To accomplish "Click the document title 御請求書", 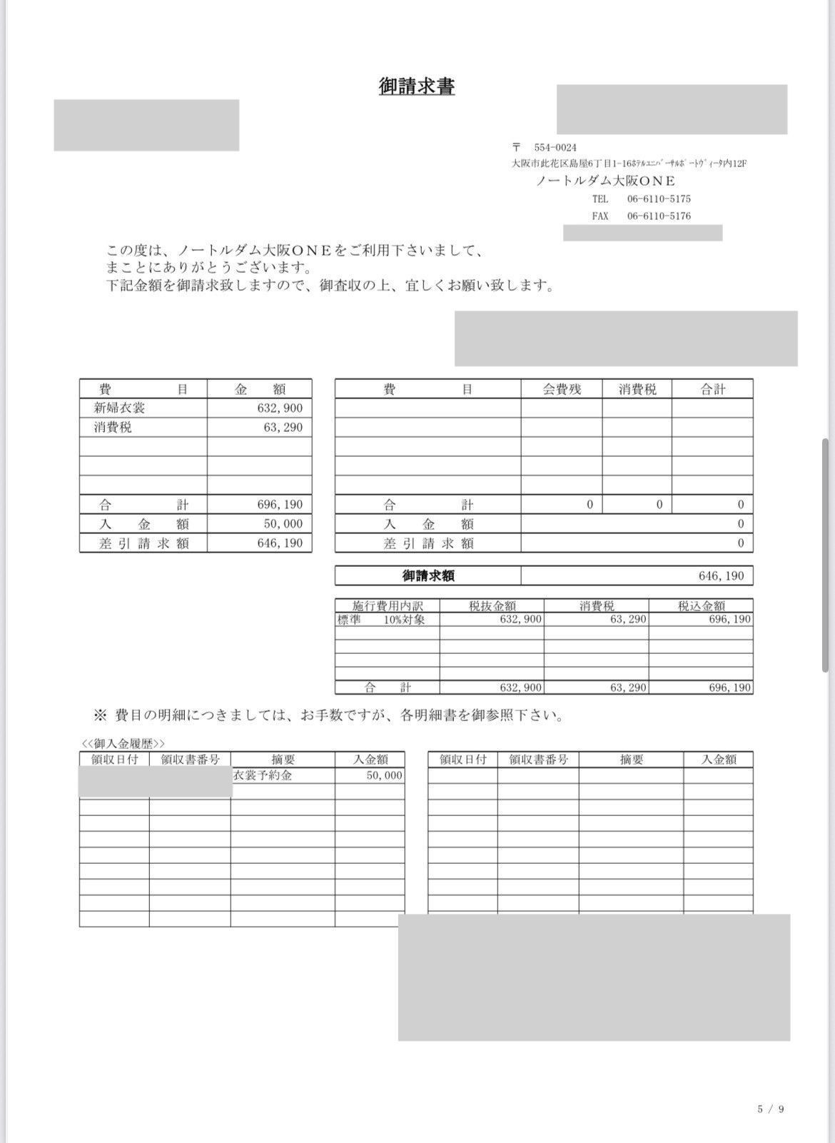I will point(417,86).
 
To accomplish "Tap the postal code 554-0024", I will point(555,148).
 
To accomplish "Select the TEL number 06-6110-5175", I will point(659,199).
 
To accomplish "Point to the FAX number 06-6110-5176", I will point(659,216).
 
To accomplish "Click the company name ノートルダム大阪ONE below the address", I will point(605,181).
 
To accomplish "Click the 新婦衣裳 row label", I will point(120,408).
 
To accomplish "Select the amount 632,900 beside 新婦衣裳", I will point(280,408).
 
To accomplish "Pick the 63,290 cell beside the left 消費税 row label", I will point(283,428).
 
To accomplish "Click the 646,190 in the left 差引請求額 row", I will point(280,543).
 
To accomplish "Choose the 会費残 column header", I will point(562,389).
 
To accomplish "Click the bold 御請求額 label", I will point(428,576).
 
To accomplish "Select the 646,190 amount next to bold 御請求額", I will point(721,576).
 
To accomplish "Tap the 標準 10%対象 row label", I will point(381,620).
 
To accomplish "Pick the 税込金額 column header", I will point(701,606).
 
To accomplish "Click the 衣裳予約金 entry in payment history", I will point(263,775).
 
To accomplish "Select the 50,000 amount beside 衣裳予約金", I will point(384,775).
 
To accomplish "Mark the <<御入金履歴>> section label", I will point(123,744).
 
